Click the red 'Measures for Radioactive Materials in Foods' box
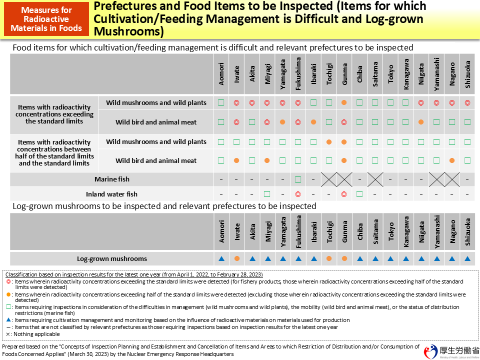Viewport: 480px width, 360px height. point(46,19)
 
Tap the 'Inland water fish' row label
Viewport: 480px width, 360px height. point(111,194)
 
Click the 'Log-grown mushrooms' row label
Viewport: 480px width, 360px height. point(112,258)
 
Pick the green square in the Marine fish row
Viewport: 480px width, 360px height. point(298,179)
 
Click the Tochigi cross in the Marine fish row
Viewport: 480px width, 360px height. point(329,179)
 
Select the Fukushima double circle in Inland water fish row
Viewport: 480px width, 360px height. point(298,194)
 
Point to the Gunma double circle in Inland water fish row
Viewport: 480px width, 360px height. point(344,194)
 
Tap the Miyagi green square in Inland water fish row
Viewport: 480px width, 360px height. point(267,194)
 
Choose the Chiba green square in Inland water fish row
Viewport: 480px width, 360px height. point(359,194)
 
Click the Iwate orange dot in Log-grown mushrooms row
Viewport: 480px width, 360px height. point(236,258)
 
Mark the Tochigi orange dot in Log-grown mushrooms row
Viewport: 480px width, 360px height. point(329,258)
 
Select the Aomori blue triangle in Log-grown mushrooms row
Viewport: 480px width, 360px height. point(221,258)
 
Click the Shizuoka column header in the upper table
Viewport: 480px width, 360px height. point(467,74)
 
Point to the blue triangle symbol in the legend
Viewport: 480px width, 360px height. point(9,320)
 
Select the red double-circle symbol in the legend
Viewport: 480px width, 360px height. point(9,281)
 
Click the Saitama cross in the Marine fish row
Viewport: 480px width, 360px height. point(375,179)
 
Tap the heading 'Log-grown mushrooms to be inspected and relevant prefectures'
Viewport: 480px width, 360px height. point(164,206)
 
